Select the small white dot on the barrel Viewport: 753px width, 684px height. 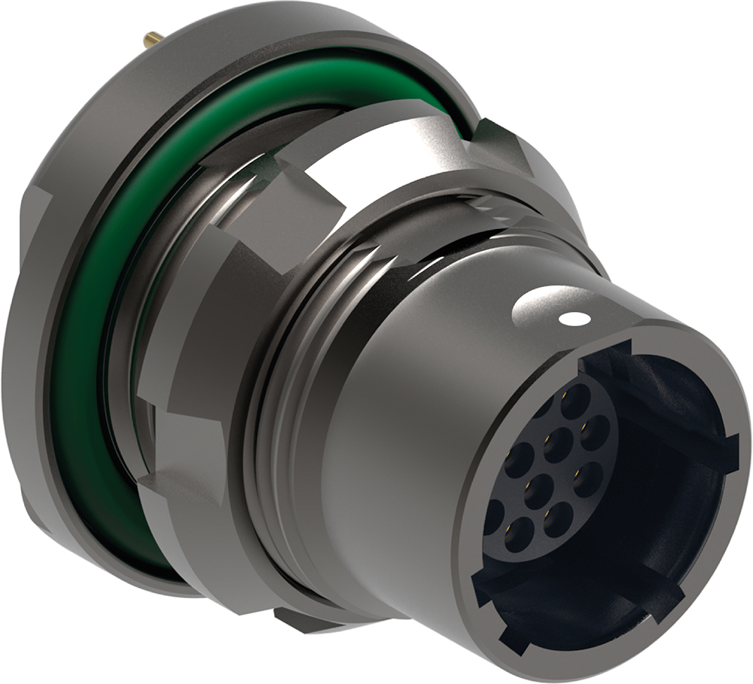coord(575,319)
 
